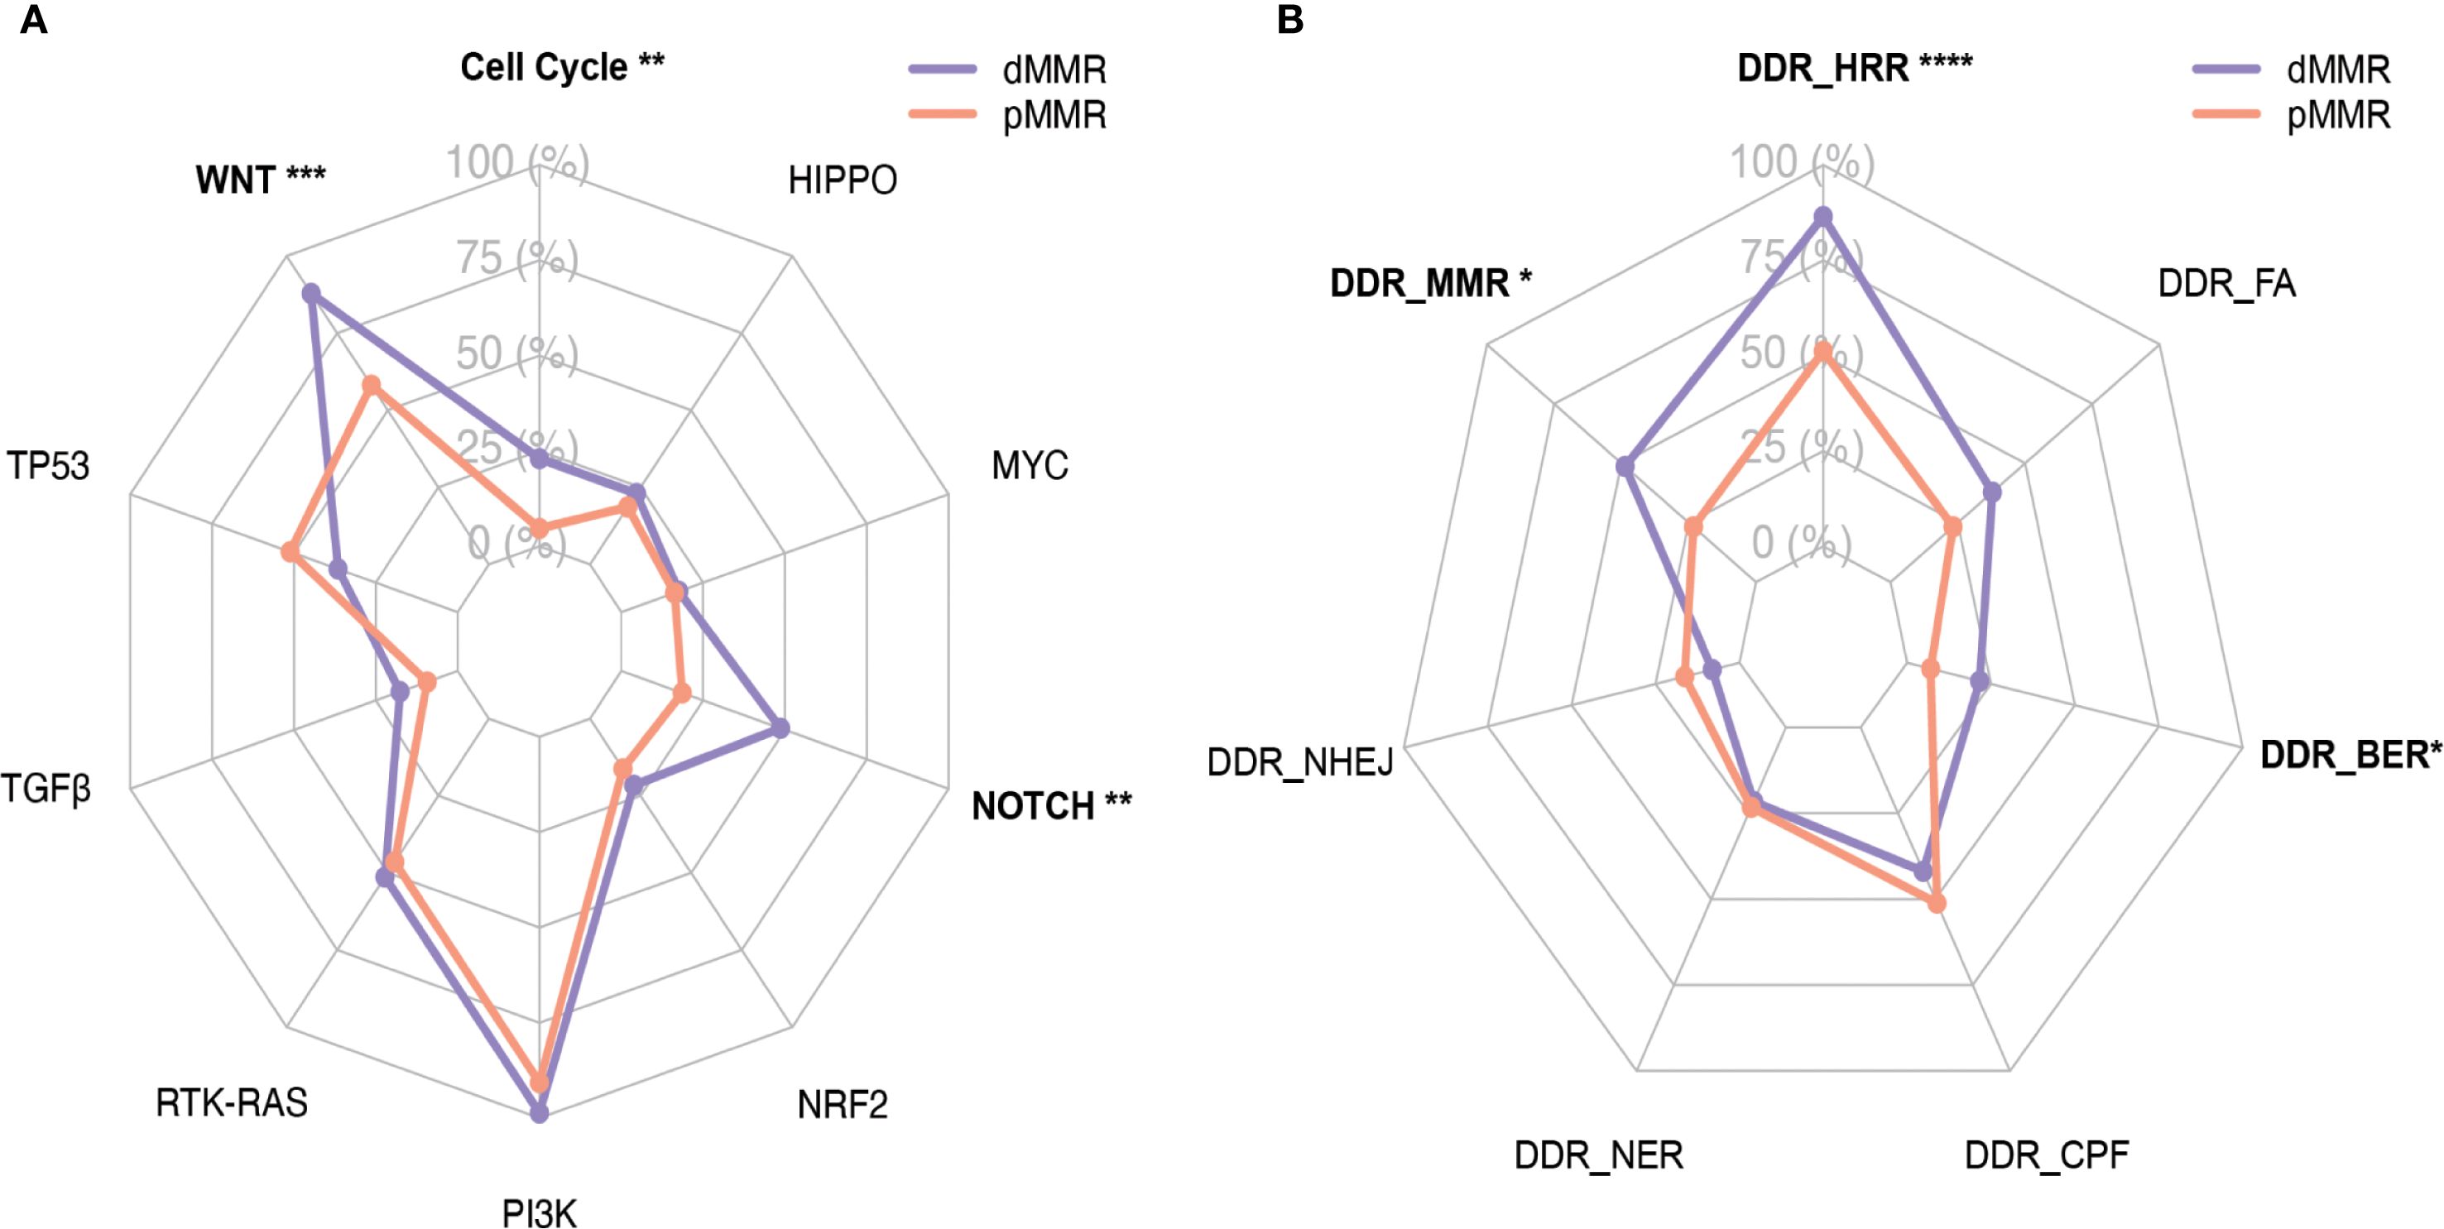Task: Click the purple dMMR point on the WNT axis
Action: coord(310,294)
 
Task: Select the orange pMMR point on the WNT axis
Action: coord(372,386)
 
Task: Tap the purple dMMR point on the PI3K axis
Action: coord(539,1112)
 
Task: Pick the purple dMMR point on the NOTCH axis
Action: coord(780,729)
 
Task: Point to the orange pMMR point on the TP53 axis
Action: coord(290,552)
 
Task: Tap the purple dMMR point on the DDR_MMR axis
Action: coord(1625,466)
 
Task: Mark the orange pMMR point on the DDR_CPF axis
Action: coord(1937,904)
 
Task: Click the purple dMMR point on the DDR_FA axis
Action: coord(1992,492)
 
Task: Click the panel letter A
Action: coord(33,20)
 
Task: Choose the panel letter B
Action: coord(1290,20)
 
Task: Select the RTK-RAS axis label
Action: coord(232,1102)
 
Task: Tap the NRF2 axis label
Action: coord(843,1105)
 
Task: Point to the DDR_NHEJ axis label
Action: coord(1300,762)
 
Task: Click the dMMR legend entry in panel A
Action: coord(1053,70)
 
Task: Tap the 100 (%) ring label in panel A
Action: coord(517,162)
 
